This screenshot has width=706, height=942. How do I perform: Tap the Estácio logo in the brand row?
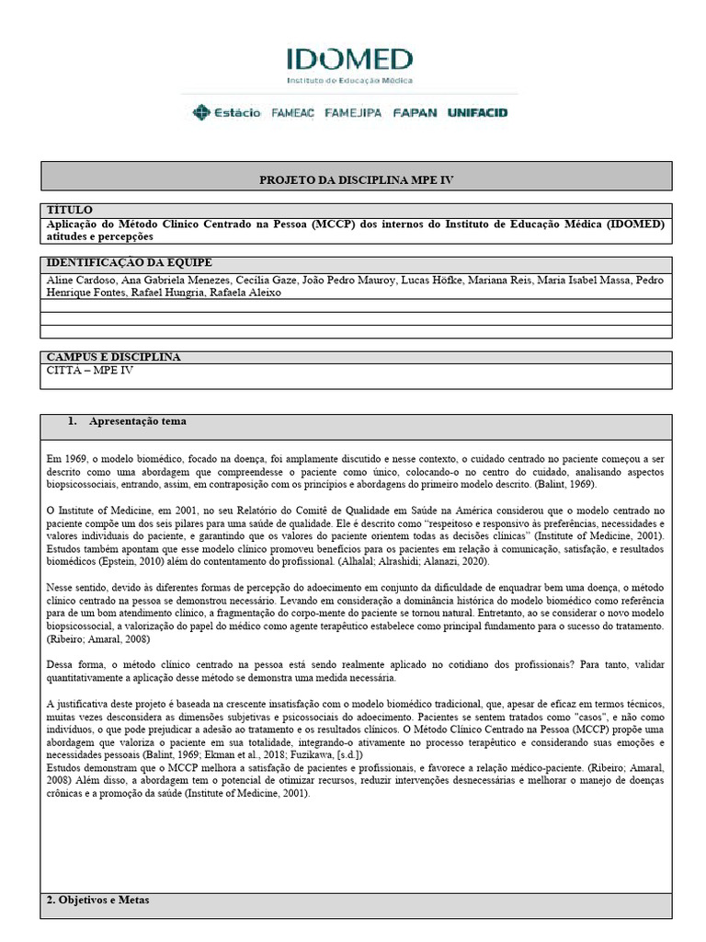(226, 113)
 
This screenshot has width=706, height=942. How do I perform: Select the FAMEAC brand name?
(293, 113)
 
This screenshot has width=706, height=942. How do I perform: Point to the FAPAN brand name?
(416, 113)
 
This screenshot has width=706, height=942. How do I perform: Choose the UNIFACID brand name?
(477, 113)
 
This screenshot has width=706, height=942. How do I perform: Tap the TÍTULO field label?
(69, 211)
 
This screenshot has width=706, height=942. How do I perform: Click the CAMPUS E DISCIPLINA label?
(113, 357)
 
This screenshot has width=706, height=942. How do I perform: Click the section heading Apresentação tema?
(137, 421)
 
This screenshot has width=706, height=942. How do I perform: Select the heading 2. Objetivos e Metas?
(97, 900)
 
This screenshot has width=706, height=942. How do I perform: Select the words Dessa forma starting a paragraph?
(73, 664)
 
